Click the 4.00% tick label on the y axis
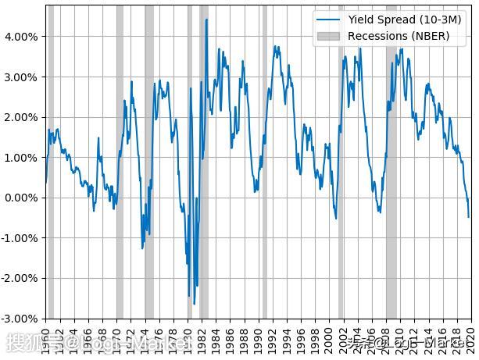point(21,37)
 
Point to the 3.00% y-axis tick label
point(21,77)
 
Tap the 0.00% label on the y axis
point(21,198)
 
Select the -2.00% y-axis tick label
point(20,278)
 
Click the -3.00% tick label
point(20,319)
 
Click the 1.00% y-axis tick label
point(21,158)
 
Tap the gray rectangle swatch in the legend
point(328,36)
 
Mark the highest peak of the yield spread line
point(206,20)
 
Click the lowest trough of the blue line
point(194,304)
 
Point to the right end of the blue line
point(469,217)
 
